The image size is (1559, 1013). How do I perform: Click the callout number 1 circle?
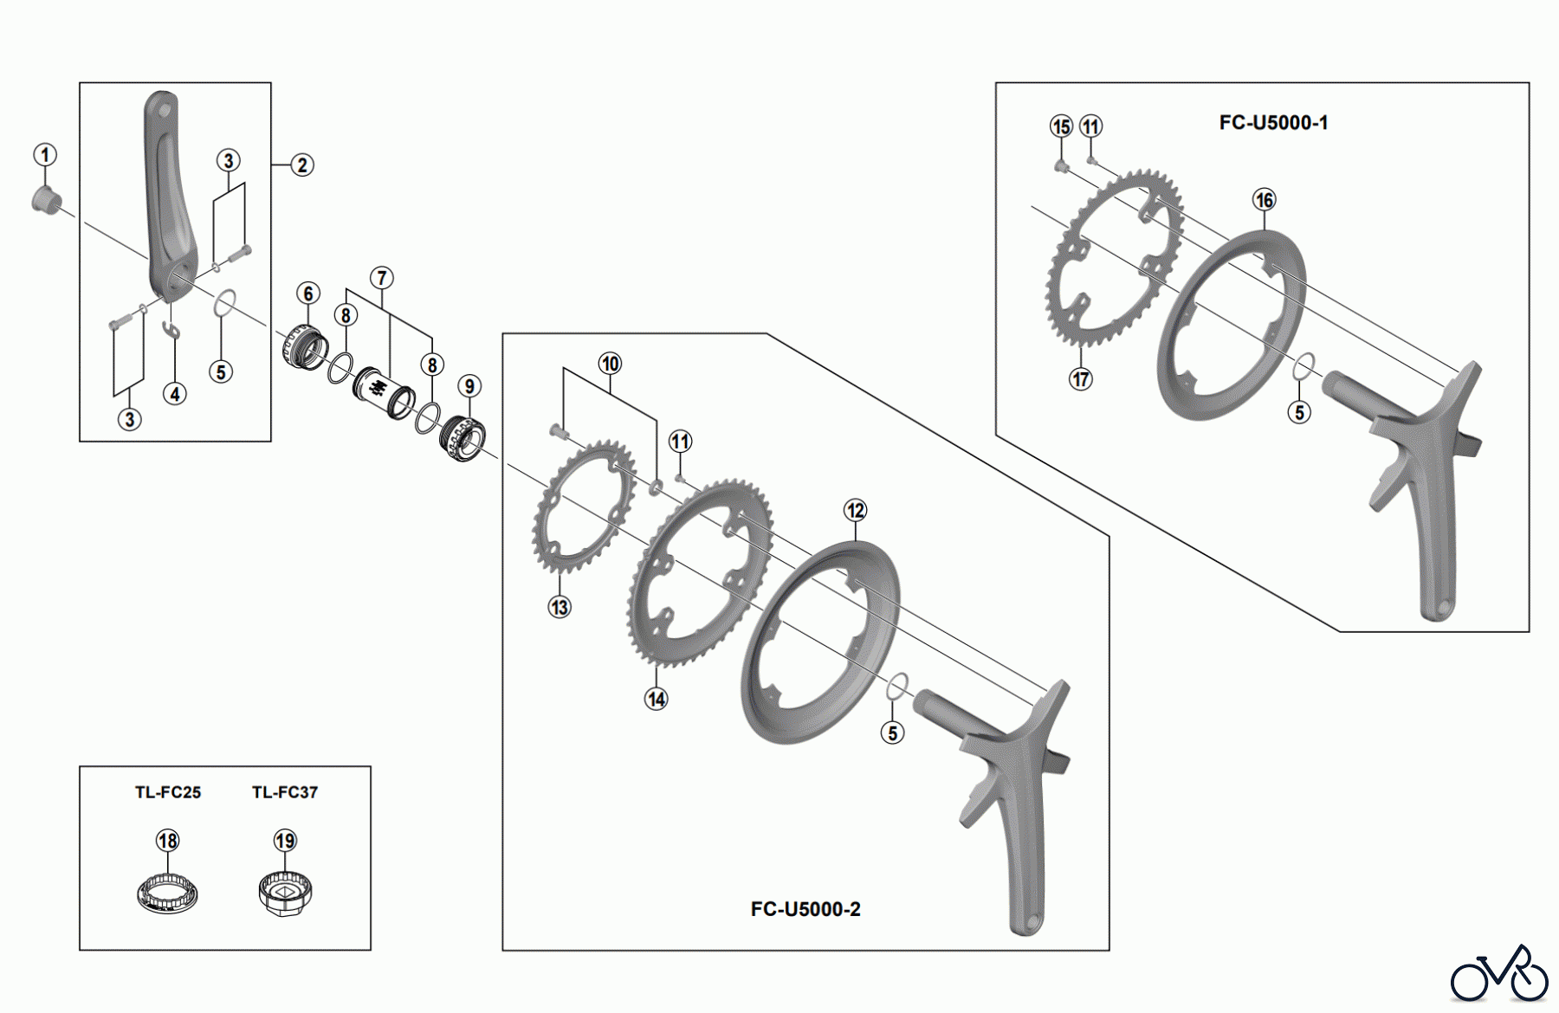(45, 155)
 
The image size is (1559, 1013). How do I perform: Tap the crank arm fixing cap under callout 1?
(45, 199)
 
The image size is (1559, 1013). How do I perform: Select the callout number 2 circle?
(301, 165)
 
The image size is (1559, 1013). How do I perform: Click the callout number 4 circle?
(175, 394)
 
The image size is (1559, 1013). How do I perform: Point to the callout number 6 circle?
(308, 293)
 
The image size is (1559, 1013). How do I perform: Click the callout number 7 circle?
(382, 278)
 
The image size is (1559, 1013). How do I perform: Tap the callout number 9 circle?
(469, 386)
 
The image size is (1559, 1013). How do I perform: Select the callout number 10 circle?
(610, 364)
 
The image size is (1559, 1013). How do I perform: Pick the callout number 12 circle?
(856, 510)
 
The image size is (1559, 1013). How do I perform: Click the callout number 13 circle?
(560, 607)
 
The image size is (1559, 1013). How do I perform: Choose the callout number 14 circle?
(657, 699)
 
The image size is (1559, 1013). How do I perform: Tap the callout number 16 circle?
(1265, 200)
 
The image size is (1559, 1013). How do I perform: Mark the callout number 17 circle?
(1081, 378)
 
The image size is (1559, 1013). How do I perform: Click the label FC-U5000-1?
(1273, 123)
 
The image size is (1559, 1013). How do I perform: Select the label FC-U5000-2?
(805, 909)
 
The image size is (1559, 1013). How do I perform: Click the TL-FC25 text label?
(168, 792)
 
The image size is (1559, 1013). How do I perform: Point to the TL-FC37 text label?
(285, 792)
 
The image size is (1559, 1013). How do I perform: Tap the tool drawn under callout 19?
(285, 893)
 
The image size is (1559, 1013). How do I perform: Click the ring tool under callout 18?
(168, 893)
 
